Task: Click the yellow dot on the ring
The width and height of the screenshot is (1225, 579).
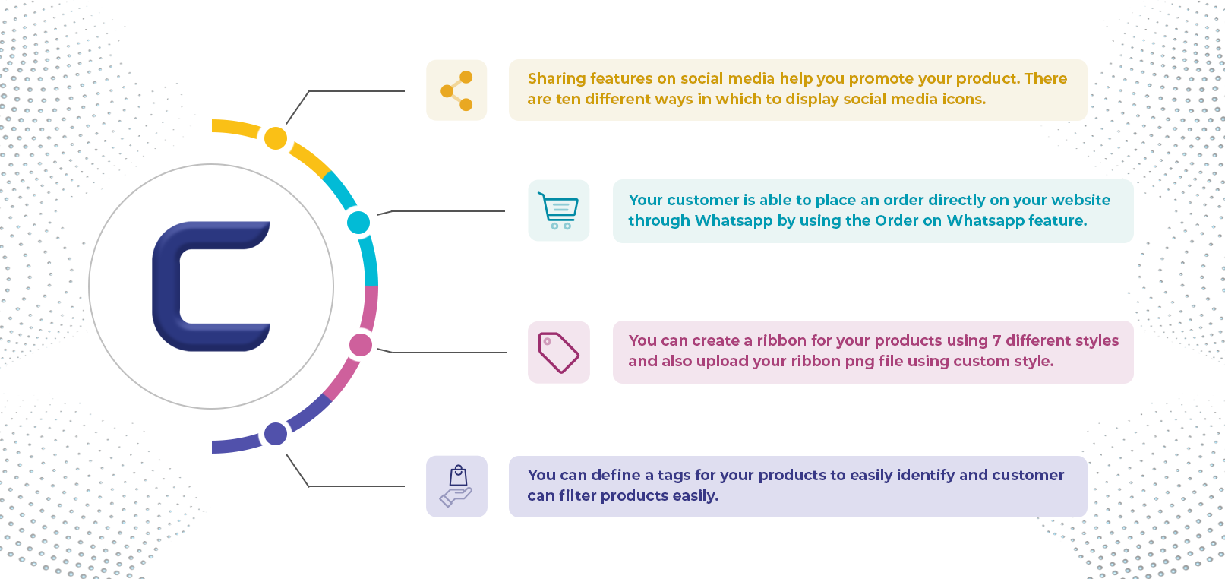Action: (276, 138)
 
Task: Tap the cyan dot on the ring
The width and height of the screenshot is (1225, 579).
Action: (358, 223)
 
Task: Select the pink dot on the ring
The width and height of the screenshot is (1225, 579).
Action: (361, 345)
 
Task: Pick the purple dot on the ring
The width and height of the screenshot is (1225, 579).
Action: (276, 434)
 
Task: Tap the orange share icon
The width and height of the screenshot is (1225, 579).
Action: (456, 90)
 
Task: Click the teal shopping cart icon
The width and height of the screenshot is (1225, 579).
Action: (558, 210)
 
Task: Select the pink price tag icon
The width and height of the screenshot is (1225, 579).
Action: (558, 353)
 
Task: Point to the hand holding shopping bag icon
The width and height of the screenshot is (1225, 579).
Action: (456, 486)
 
